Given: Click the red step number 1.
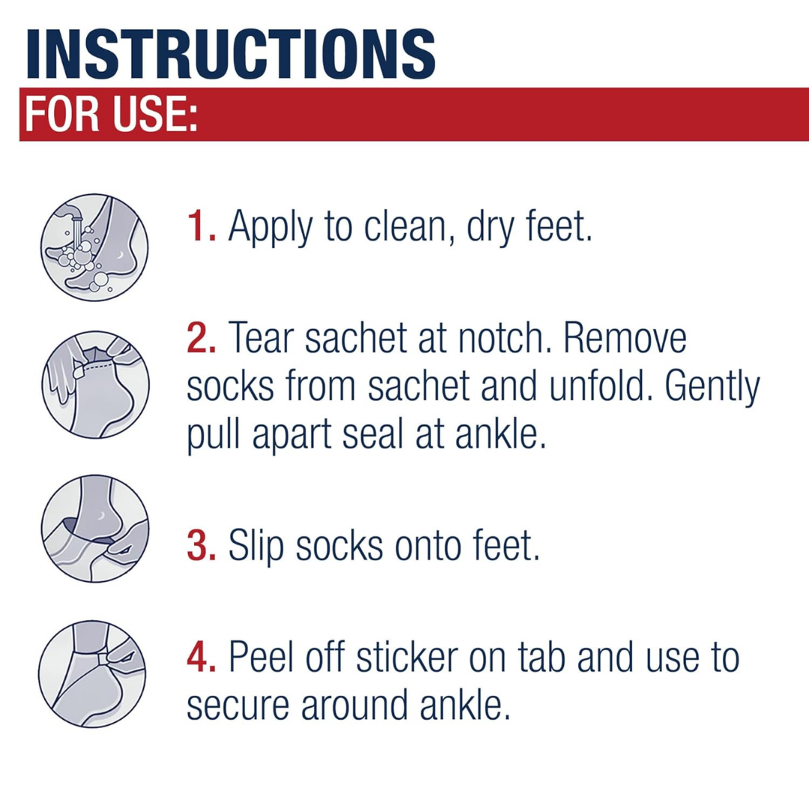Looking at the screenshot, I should pyautogui.click(x=201, y=225).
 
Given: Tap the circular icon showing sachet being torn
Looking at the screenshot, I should pyautogui.click(x=93, y=384).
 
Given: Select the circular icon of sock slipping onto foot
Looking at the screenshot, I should pyautogui.click(x=93, y=529).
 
